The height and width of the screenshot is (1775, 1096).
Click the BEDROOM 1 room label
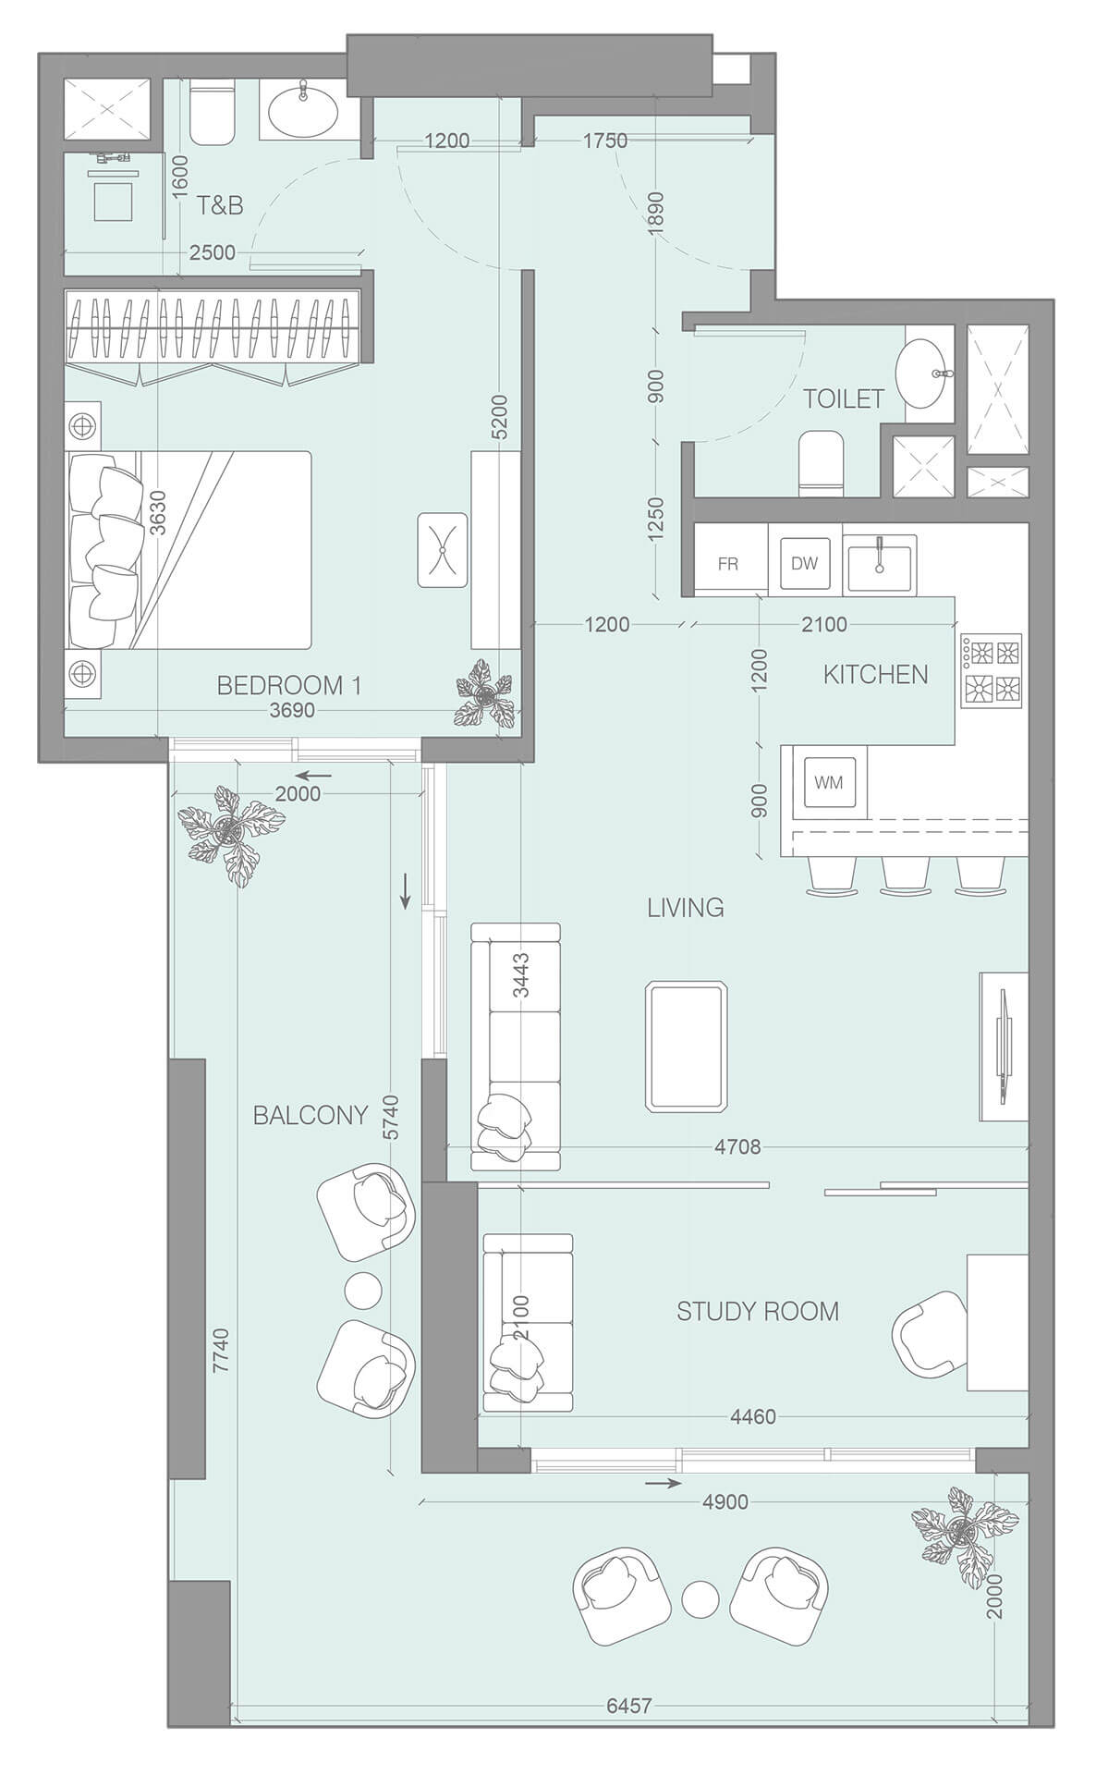click(x=289, y=685)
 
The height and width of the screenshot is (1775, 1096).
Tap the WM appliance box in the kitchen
click(x=829, y=782)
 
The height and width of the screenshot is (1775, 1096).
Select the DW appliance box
click(x=804, y=563)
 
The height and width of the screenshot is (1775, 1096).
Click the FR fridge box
click(x=728, y=563)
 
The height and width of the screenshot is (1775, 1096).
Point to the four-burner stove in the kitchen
click(x=992, y=670)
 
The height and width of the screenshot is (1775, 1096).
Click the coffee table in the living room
click(x=687, y=1046)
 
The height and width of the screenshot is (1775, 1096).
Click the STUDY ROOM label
click(x=758, y=1311)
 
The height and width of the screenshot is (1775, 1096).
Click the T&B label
click(x=220, y=205)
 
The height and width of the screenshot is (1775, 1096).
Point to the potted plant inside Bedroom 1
click(x=484, y=692)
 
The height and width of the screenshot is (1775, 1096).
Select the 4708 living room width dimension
click(x=737, y=1147)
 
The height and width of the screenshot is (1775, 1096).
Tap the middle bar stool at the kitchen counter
click(x=906, y=875)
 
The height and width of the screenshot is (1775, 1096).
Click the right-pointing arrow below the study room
click(x=663, y=1483)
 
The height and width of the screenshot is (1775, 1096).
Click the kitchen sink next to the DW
click(x=880, y=563)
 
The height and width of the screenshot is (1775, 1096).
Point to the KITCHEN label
click(x=875, y=674)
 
